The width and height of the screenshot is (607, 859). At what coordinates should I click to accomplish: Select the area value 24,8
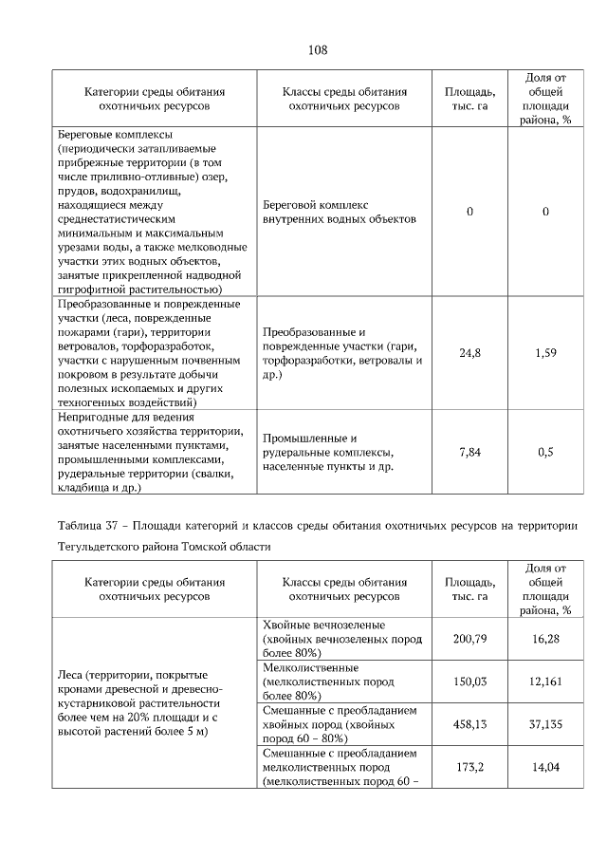tap(469, 353)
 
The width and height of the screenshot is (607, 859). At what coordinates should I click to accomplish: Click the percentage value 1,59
tap(545, 353)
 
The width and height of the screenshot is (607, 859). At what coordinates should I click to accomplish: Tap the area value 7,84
tap(469, 452)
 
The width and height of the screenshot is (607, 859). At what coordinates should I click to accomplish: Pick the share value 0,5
tap(545, 452)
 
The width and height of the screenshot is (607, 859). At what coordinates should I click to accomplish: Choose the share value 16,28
tap(545, 639)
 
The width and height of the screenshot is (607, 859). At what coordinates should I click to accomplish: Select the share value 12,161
tap(545, 681)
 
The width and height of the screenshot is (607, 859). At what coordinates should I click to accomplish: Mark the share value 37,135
tap(545, 723)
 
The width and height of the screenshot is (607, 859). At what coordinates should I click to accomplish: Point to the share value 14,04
tap(545, 766)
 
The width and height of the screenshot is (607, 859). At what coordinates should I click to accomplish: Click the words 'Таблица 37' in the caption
tap(88, 524)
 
